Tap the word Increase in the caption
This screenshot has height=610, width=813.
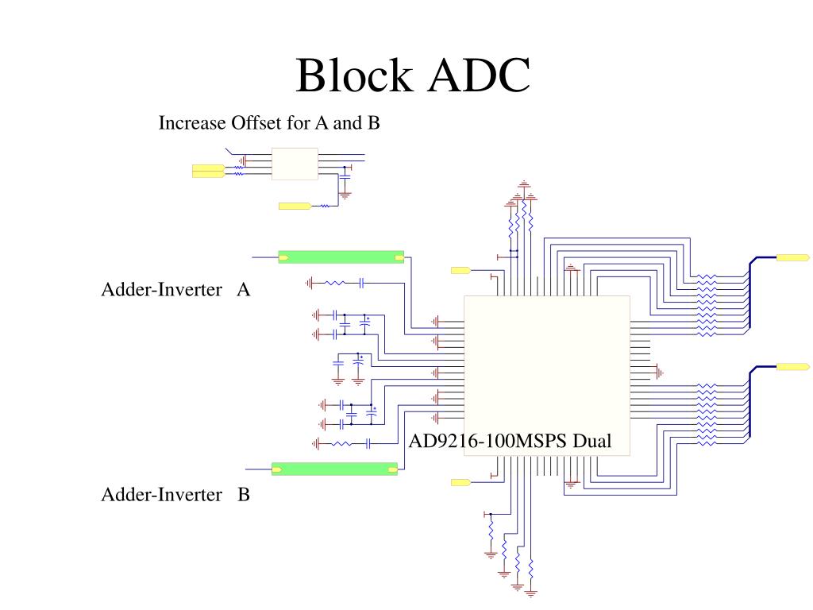point(192,123)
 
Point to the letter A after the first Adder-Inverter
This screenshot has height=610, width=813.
point(244,290)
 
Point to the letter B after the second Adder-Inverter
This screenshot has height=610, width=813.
point(244,496)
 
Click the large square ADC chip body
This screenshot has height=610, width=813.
point(546,365)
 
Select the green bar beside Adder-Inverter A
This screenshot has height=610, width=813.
point(341,257)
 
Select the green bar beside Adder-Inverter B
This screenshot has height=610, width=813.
point(334,469)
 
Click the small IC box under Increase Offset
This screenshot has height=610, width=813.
point(295,164)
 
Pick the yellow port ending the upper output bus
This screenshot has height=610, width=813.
point(792,257)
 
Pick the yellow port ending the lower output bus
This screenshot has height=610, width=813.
point(792,367)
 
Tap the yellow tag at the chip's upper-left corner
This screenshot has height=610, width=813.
point(460,271)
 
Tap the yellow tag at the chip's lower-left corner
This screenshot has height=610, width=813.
point(460,482)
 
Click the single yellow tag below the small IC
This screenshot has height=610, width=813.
point(294,207)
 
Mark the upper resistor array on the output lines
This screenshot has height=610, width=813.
point(706,306)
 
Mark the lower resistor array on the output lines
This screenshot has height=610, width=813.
point(706,413)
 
